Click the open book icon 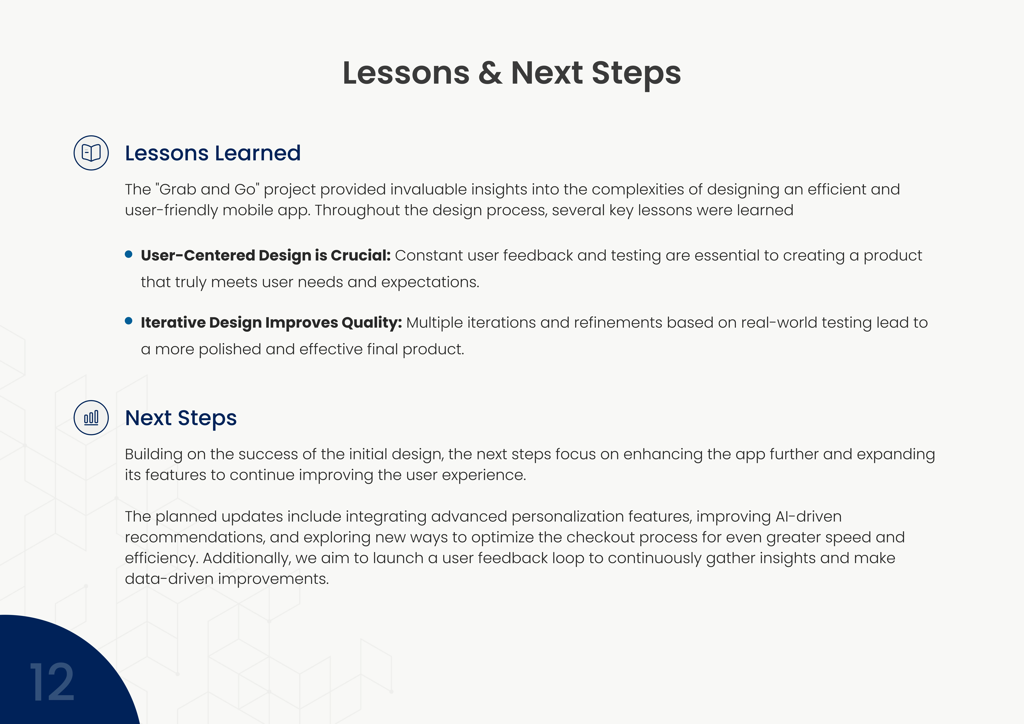point(91,153)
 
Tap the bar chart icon point(91,418)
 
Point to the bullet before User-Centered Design point(129,254)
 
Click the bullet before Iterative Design point(129,321)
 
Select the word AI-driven point(809,516)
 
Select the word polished point(230,349)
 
